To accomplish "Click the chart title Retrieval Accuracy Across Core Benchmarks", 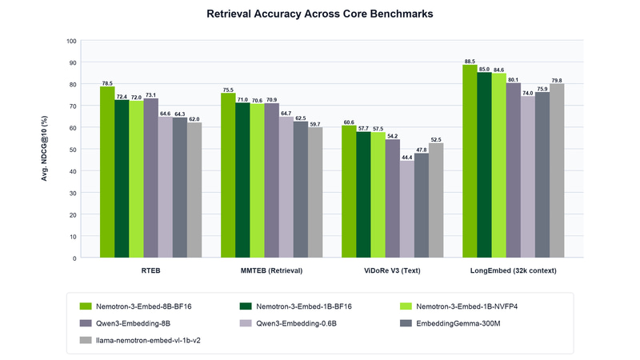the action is pyautogui.click(x=319, y=14).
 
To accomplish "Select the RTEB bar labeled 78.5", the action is pyautogui.click(x=107, y=172).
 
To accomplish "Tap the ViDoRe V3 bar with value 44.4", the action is pyautogui.click(x=407, y=209).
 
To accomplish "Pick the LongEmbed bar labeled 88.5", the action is pyautogui.click(x=470, y=162).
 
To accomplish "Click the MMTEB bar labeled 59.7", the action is pyautogui.click(x=315, y=192).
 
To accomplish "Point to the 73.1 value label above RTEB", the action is pyautogui.click(x=150, y=95).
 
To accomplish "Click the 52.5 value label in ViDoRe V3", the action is pyautogui.click(x=436, y=139).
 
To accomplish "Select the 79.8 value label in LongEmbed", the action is pyautogui.click(x=557, y=81).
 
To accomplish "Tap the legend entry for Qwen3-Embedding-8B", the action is pyautogui.click(x=125, y=323).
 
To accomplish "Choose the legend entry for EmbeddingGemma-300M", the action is pyautogui.click(x=450, y=323).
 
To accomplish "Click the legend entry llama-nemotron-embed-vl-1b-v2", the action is pyautogui.click(x=140, y=340).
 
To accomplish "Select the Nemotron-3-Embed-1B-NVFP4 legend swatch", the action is pyautogui.click(x=406, y=306).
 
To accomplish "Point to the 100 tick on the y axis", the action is pyautogui.click(x=71, y=41).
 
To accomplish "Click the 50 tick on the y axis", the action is pyautogui.click(x=73, y=150).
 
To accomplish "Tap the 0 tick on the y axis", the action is pyautogui.click(x=74, y=258).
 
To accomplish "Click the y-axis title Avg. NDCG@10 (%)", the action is pyautogui.click(x=44, y=149).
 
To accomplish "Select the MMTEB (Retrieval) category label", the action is pyautogui.click(x=271, y=270).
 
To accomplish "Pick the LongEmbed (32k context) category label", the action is pyautogui.click(x=513, y=270).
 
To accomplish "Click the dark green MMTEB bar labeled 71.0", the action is pyautogui.click(x=242, y=180).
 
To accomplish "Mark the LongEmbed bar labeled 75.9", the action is pyautogui.click(x=542, y=174).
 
